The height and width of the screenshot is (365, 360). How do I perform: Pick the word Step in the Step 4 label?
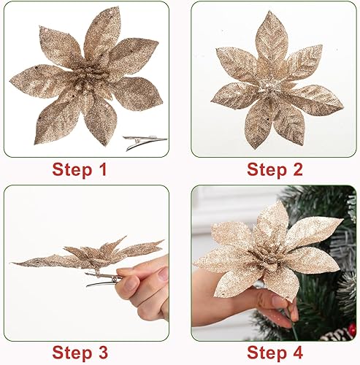tap(256, 353)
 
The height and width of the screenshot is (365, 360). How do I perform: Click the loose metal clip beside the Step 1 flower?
tap(143, 142)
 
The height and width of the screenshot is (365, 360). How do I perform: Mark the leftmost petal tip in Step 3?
tap(14, 262)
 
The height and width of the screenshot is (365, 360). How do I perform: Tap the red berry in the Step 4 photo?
tap(353, 330)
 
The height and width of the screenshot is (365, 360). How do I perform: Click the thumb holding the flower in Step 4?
tap(278, 300)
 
